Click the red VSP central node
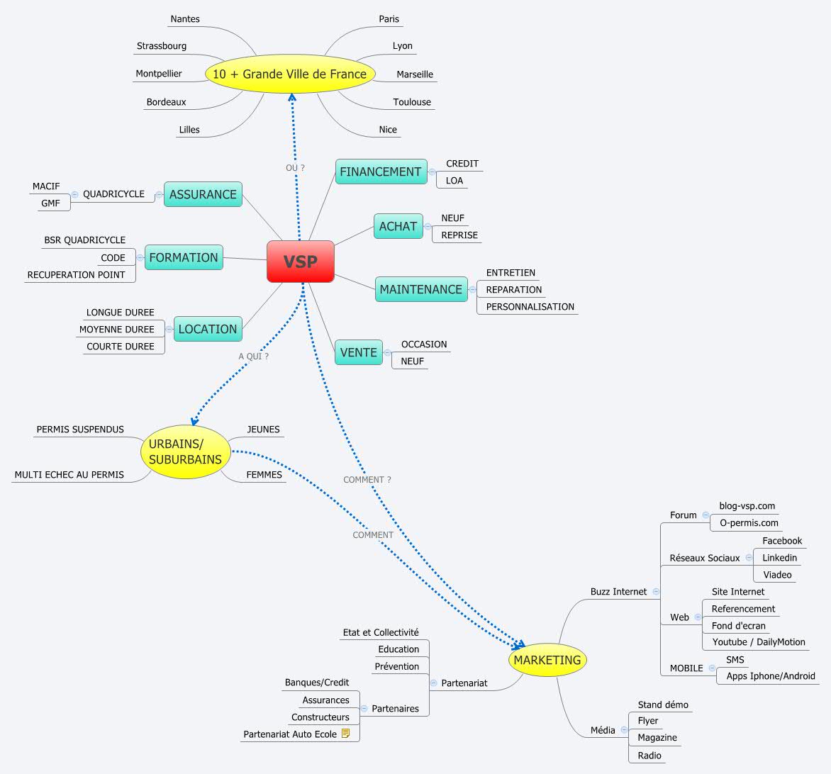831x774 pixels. tap(300, 262)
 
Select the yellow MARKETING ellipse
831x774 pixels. tap(547, 661)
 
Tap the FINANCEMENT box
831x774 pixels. tap(381, 172)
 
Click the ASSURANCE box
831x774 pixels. tap(203, 194)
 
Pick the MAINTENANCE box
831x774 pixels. tap(420, 289)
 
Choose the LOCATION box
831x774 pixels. tap(207, 329)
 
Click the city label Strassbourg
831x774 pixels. tap(162, 46)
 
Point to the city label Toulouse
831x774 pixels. tap(412, 102)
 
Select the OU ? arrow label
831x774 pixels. tap(295, 168)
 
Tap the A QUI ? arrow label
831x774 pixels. tap(253, 357)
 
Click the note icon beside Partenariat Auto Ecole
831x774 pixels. tap(346, 734)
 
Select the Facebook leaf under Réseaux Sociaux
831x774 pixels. tap(782, 541)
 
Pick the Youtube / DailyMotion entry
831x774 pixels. tap(759, 642)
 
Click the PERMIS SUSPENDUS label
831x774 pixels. tap(80, 430)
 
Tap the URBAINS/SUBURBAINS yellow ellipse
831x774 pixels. tap(185, 451)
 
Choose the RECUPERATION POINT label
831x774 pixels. tap(76, 275)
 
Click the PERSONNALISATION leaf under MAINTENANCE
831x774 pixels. tap(530, 307)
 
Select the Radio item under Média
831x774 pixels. tap(649, 756)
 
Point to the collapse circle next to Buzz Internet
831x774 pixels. tap(656, 591)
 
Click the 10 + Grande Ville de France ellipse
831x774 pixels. tap(289, 74)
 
